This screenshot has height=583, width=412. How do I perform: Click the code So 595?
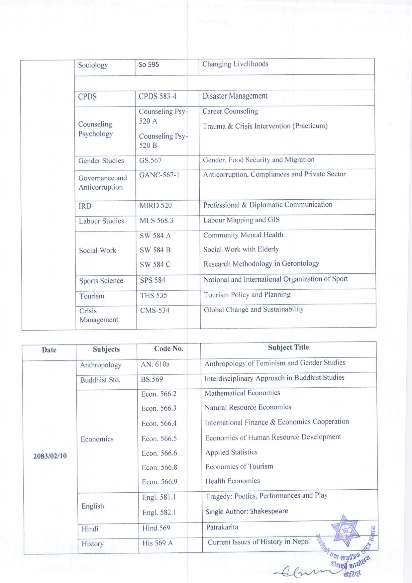149,65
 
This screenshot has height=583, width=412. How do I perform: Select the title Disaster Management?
235,96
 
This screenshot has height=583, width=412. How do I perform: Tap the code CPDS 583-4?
157,96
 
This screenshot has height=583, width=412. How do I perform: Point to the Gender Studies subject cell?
101,161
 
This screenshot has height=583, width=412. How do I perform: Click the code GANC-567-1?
159,175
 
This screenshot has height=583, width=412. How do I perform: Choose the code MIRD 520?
155,206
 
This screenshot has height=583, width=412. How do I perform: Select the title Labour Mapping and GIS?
241,220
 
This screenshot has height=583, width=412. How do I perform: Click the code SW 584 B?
155,250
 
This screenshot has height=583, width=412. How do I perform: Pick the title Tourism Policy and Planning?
247,295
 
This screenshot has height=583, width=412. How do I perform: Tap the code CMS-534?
154,310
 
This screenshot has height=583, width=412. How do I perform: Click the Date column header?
49,350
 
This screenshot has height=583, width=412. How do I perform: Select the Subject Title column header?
288,347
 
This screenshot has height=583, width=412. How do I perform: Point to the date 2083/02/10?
50,456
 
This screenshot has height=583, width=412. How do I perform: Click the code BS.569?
152,379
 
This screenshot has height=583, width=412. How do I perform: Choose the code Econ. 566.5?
159,438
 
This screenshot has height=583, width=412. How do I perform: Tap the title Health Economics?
233,481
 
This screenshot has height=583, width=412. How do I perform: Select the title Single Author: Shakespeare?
247,511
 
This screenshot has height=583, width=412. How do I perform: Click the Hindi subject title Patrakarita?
222,527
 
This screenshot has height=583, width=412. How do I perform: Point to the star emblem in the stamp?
346,531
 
